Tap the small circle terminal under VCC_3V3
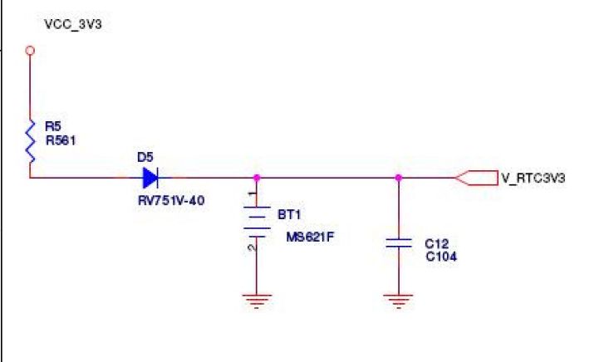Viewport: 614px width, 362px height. [31, 51]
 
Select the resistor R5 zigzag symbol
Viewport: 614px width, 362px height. [31, 139]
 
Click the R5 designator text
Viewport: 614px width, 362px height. [52, 126]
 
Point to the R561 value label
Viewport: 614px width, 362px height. [60, 139]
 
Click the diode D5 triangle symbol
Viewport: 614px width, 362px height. [150, 177]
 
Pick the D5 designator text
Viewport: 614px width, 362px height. [145, 157]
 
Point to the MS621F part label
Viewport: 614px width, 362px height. [304, 236]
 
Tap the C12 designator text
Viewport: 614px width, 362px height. [436, 244]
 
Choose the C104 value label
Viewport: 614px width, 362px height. [440, 257]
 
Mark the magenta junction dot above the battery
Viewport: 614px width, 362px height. [258, 177]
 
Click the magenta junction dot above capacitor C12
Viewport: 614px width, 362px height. [399, 177]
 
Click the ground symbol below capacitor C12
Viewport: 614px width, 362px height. [400, 301]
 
